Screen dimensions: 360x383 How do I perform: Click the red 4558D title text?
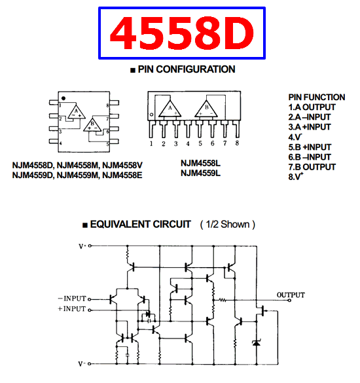click(182, 33)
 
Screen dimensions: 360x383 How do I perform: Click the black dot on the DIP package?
click(63, 98)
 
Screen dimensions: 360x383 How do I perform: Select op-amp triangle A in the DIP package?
click(77, 113)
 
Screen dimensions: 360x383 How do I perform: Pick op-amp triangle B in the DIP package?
click(92, 125)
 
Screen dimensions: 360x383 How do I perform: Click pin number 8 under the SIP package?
click(237, 143)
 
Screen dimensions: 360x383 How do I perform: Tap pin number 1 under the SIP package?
click(151, 143)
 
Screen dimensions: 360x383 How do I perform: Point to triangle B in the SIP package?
click(206, 109)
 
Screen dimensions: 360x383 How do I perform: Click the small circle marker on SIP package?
click(151, 115)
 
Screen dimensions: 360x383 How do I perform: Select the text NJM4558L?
click(200, 163)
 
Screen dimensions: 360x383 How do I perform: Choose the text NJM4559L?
click(200, 173)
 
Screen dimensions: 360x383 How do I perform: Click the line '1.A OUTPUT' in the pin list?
click(312, 107)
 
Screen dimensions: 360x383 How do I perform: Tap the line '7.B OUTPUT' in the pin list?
click(312, 167)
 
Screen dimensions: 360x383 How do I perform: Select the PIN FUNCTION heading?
click(317, 97)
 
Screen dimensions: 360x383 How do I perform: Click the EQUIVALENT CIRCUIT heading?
click(141, 224)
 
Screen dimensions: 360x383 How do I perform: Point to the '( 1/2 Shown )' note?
click(228, 224)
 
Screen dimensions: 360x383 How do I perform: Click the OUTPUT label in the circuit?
click(291, 295)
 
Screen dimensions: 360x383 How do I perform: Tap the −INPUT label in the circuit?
click(72, 299)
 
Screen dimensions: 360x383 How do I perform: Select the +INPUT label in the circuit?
click(72, 309)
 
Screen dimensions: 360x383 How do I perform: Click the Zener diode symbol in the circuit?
click(257, 343)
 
